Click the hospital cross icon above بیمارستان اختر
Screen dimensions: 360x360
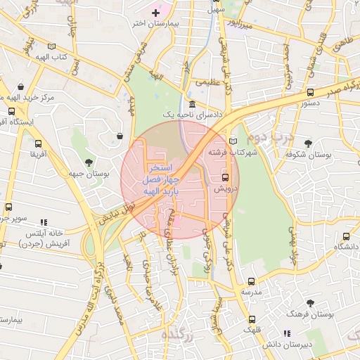(156, 13)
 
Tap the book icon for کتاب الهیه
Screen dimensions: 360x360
(51, 46)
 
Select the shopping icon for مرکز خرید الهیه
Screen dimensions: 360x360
(20, 87)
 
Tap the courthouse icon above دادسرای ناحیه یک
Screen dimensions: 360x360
(193, 104)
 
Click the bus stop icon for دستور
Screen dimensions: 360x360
(310, 92)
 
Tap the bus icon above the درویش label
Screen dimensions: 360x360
(225, 178)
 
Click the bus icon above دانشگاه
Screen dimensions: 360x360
(345, 237)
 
